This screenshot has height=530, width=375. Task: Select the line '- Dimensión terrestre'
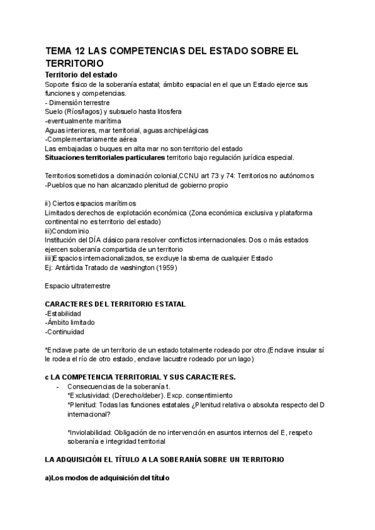[77, 102]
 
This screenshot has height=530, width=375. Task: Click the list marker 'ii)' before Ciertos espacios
[49, 204]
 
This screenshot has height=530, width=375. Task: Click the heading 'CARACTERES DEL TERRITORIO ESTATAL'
[115, 304]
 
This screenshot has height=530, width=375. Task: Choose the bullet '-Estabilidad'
[64, 313]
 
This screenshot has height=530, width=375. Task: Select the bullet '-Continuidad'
[64, 332]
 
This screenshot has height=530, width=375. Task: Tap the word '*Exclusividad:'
[88, 396]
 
